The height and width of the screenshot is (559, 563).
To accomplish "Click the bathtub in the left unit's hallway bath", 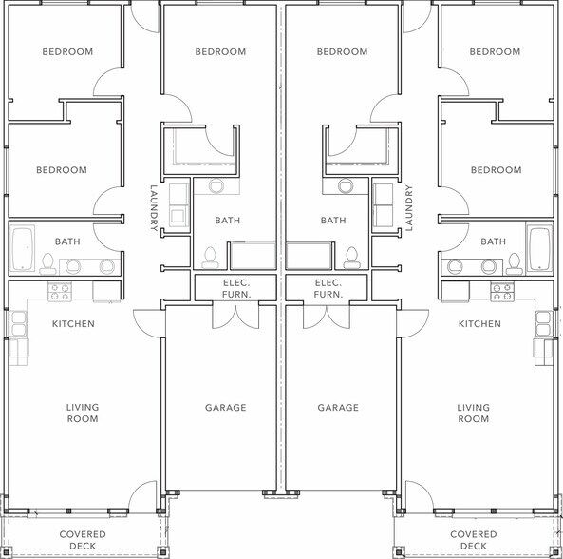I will pos(22,249).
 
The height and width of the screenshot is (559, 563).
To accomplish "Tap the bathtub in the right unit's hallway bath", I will pos(540,249).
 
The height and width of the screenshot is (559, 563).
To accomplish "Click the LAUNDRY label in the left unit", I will pos(153,208).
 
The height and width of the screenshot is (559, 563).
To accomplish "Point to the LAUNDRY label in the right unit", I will pos(410,208).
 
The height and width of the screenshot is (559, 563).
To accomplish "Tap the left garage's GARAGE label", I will pos(225,408).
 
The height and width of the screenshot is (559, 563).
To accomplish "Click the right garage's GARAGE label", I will pos(337,408).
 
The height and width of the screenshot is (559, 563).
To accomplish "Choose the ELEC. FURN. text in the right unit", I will pos(328,288).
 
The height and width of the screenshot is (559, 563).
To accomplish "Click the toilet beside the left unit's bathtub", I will pos(47,261).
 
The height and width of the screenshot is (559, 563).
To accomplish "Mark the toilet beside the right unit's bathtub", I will pos(516,261).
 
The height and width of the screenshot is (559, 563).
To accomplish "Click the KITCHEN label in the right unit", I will pos(479,324).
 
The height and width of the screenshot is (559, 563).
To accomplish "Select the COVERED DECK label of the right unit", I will pos(473,539).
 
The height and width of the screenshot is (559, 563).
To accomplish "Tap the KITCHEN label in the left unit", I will pos(73,324).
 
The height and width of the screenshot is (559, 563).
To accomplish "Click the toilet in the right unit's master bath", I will pos(352,256).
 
